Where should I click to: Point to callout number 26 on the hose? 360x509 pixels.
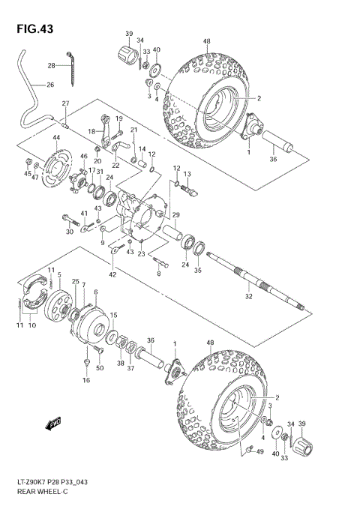(50, 85)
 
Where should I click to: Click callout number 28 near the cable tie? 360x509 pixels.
(52, 65)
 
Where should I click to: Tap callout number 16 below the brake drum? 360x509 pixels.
(85, 381)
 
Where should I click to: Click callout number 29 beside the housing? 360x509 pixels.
(176, 216)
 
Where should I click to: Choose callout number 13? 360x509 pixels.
(188, 174)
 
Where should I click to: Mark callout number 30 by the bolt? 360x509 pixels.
(69, 232)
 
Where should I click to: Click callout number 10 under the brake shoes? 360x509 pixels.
(31, 325)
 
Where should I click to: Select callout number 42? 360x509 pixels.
(112, 275)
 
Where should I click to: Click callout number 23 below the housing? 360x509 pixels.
(140, 254)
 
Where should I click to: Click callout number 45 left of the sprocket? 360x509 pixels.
(27, 174)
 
